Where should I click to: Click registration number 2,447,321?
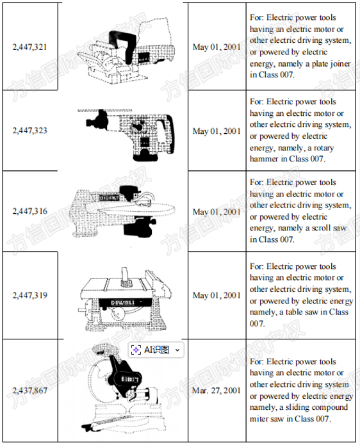30,47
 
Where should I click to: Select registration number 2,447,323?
30,131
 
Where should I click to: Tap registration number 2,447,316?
30,211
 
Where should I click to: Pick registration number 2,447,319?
30,295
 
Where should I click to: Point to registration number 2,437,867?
30,391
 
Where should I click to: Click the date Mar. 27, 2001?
217,391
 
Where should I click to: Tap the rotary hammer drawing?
127,135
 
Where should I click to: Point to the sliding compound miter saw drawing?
122,387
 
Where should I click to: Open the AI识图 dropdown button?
156,350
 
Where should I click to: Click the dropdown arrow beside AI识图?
177,350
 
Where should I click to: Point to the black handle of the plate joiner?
122,46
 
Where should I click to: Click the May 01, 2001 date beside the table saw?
217,295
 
